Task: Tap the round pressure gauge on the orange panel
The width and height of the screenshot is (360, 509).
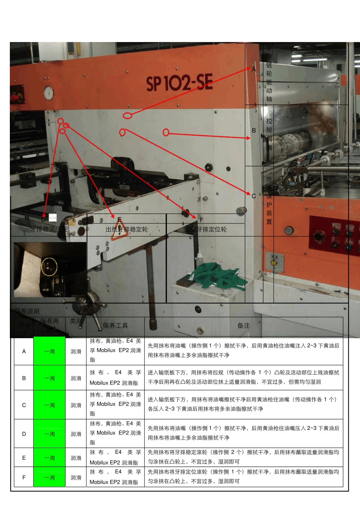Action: coord(49,93)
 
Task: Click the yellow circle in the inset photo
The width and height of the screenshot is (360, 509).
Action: coord(49,266)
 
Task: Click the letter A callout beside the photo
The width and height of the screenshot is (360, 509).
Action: coord(254,69)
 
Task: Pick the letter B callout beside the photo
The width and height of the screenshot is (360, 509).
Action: coord(254,130)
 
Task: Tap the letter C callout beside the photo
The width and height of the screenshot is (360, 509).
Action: coord(254,196)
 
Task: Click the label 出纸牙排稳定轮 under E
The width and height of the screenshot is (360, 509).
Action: coord(127,229)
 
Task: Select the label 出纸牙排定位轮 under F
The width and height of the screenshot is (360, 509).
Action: coord(205,229)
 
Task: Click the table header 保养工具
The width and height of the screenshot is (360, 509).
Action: coord(115,326)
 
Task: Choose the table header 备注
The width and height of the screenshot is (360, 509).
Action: coord(243,326)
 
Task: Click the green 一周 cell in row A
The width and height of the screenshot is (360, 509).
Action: coord(49,351)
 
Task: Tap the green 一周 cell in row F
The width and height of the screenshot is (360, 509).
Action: coord(49,478)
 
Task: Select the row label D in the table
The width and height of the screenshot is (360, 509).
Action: coord(24,434)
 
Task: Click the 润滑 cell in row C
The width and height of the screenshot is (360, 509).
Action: coord(76,405)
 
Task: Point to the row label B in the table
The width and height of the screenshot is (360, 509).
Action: coord(24,378)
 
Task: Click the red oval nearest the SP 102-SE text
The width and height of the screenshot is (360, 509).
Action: coord(128,115)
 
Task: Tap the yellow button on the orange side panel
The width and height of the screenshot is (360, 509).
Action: coord(273,263)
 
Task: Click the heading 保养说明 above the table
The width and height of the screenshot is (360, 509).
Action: coord(27,311)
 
